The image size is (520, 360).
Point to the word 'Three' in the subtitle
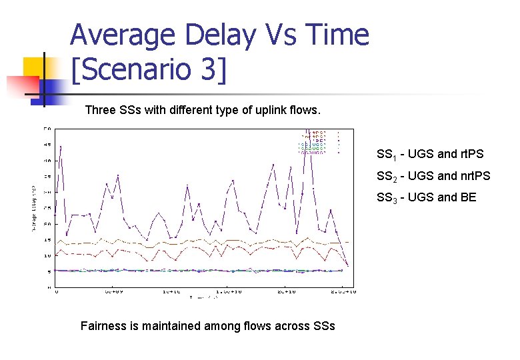[x=100, y=111]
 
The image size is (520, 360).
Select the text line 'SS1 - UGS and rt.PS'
[x=430, y=155]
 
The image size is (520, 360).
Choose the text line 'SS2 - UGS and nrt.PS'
[x=433, y=176]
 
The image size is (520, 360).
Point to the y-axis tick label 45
[x=48, y=144]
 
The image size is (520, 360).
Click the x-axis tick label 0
[x=57, y=292]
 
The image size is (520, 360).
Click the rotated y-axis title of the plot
[x=35, y=208]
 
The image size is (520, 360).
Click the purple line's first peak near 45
[x=61, y=146]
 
